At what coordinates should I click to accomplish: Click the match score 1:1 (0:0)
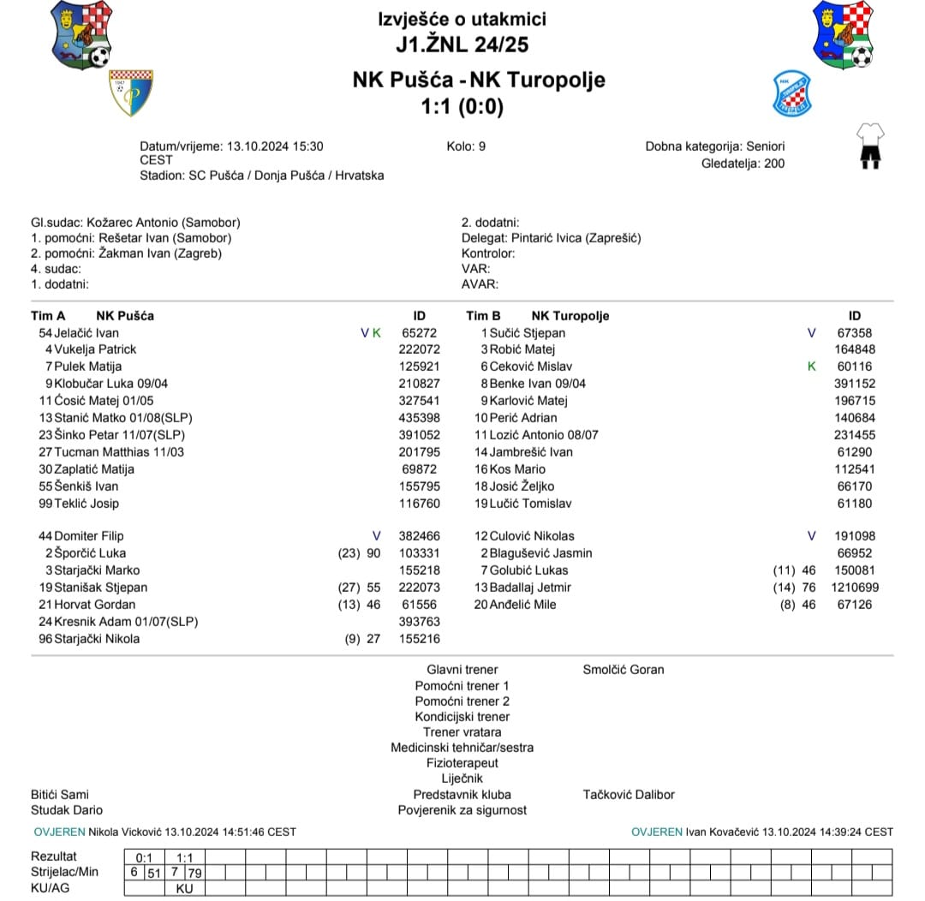[462, 107]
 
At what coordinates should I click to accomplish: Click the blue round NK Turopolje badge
[791, 93]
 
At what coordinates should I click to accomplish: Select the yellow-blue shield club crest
[130, 92]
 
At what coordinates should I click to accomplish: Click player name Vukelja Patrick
[94, 349]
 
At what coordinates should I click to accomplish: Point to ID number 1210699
[854, 588]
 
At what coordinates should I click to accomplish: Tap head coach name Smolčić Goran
[623, 670]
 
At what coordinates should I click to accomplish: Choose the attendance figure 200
[773, 163]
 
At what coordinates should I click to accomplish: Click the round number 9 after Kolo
[481, 146]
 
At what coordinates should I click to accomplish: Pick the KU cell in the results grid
[184, 888]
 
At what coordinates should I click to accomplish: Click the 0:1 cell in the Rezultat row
[144, 856]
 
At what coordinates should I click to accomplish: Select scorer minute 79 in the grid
[194, 872]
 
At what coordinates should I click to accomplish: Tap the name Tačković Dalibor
[628, 795]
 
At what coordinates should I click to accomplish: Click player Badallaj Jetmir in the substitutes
[529, 588]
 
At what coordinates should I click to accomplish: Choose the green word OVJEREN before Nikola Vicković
[59, 832]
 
